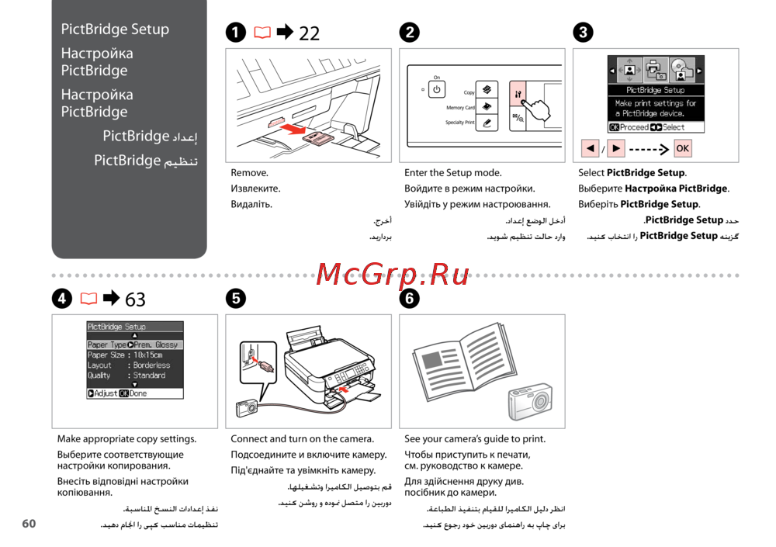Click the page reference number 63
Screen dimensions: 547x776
click(x=135, y=299)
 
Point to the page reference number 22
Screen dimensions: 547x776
click(x=309, y=33)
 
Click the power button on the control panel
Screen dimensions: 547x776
click(x=437, y=89)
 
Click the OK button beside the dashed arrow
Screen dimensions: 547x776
click(x=683, y=148)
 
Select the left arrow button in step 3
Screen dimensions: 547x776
click(x=591, y=148)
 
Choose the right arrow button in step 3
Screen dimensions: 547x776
click(x=616, y=148)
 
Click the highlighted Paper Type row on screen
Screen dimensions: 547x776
click(x=133, y=344)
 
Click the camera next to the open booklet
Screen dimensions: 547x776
click(x=530, y=402)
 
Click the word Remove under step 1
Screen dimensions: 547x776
click(x=250, y=173)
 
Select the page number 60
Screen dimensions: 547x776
click(x=29, y=524)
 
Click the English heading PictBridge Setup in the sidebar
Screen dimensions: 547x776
click(x=115, y=29)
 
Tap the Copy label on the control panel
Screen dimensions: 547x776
click(x=469, y=92)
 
